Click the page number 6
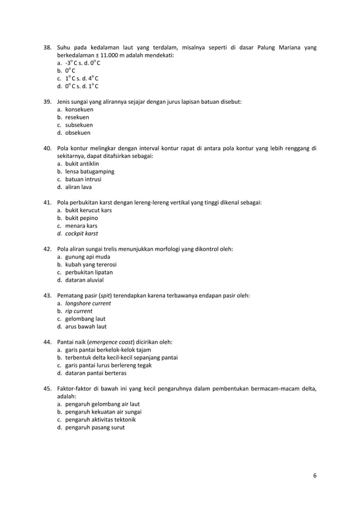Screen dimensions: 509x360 pos(315,475)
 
